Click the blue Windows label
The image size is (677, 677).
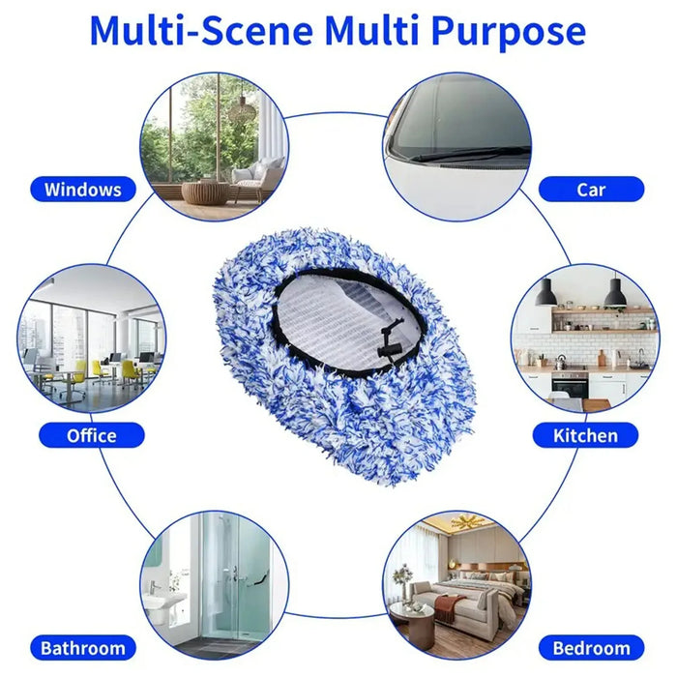83,189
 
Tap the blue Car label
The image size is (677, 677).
591,189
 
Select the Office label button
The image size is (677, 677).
91,435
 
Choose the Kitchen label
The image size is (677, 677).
585,435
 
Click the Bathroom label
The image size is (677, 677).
83,648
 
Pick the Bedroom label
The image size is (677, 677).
591,648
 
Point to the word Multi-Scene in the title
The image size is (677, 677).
200,31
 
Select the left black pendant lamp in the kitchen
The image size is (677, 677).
545,292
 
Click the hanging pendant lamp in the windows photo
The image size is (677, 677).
240,102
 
